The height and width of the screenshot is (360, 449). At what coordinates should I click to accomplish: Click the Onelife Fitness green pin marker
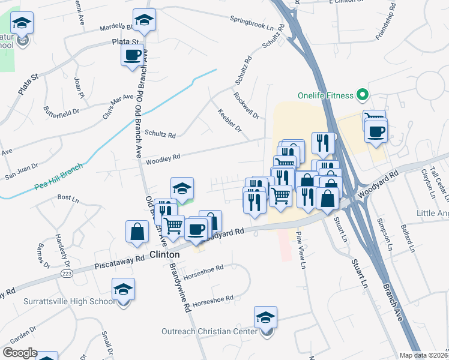[x=362, y=95]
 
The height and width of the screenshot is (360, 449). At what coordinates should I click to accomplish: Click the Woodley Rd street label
[x=160, y=158]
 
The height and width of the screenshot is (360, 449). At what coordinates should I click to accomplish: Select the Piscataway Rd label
[x=120, y=263]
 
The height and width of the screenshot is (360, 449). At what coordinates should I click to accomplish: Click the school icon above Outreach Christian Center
[x=265, y=316]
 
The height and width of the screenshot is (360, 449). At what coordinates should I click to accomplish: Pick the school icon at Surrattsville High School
[x=123, y=289]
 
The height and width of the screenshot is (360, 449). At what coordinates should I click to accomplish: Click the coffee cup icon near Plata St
[x=132, y=55]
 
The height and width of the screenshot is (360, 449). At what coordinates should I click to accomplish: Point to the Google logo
[x=20, y=353]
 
